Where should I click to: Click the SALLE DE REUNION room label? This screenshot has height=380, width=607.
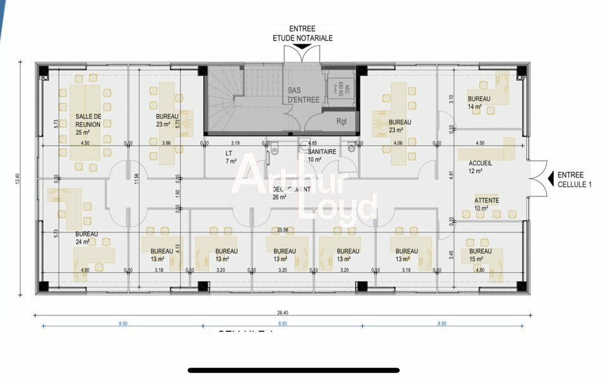pyautogui.click(x=89, y=120)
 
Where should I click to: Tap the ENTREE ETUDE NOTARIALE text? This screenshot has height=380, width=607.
pyautogui.click(x=302, y=34)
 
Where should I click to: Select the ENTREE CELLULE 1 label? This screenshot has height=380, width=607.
pyautogui.click(x=575, y=179)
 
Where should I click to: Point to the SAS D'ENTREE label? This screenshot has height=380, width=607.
pyautogui.click(x=303, y=95)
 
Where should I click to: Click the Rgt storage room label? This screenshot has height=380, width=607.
pyautogui.click(x=341, y=121)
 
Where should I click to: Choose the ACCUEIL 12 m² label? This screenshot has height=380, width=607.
pyautogui.click(x=475, y=167)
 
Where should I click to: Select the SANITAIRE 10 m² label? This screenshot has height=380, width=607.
pyautogui.click(x=322, y=156)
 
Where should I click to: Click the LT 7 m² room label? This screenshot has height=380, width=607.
pyautogui.click(x=230, y=157)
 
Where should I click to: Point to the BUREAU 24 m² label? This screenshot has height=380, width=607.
pyautogui.click(x=87, y=237)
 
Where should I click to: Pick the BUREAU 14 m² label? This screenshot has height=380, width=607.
pyautogui.click(x=479, y=103)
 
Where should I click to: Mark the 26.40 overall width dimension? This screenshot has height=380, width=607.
pyautogui.click(x=283, y=312)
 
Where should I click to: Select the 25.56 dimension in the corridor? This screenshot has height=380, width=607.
pyautogui.click(x=283, y=230)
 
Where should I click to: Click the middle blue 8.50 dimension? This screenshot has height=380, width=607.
pyautogui.click(x=283, y=324)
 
